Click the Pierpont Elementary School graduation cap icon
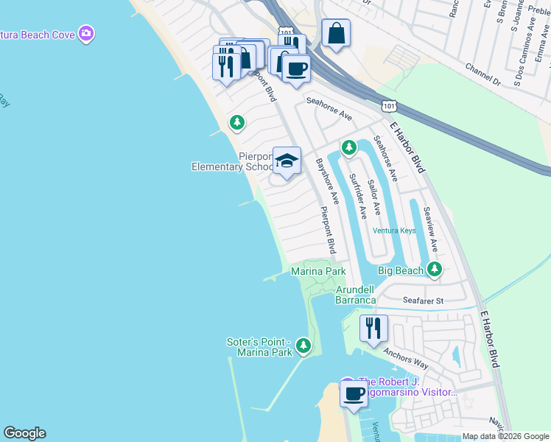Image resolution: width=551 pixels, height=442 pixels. coord(287,159)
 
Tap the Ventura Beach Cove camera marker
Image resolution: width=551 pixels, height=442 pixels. coord(87,33)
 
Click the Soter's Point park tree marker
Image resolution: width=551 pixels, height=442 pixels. coord(303,345)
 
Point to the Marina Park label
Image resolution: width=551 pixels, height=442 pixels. coord(318,272)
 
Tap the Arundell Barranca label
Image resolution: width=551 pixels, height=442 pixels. coord(357,295)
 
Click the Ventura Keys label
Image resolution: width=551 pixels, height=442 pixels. coord(394,231)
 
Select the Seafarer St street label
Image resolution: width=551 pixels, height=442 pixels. coord(424,301)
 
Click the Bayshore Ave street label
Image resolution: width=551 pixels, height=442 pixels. coord(327,180)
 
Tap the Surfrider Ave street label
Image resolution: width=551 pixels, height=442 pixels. coord(358,197)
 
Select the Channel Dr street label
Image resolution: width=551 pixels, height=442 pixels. coord(482,74)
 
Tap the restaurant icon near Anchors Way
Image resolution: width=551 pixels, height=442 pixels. coord(373,326)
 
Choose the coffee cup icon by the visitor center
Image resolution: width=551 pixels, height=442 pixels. coord(354,393)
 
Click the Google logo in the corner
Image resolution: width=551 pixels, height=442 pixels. coord(24,433)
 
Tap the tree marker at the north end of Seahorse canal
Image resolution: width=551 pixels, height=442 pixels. coord(349,147)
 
